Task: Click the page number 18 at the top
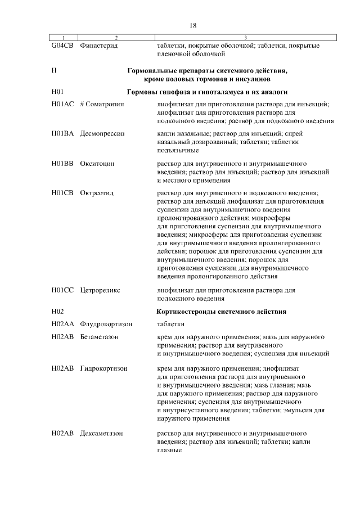(x=193, y=25)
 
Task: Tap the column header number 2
(x=116, y=38)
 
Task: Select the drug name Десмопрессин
(x=102, y=134)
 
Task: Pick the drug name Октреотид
(x=97, y=193)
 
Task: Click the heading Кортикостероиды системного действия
(x=222, y=311)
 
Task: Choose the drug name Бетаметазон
(x=100, y=336)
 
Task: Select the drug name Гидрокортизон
(x=103, y=368)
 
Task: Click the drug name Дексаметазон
(x=102, y=434)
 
